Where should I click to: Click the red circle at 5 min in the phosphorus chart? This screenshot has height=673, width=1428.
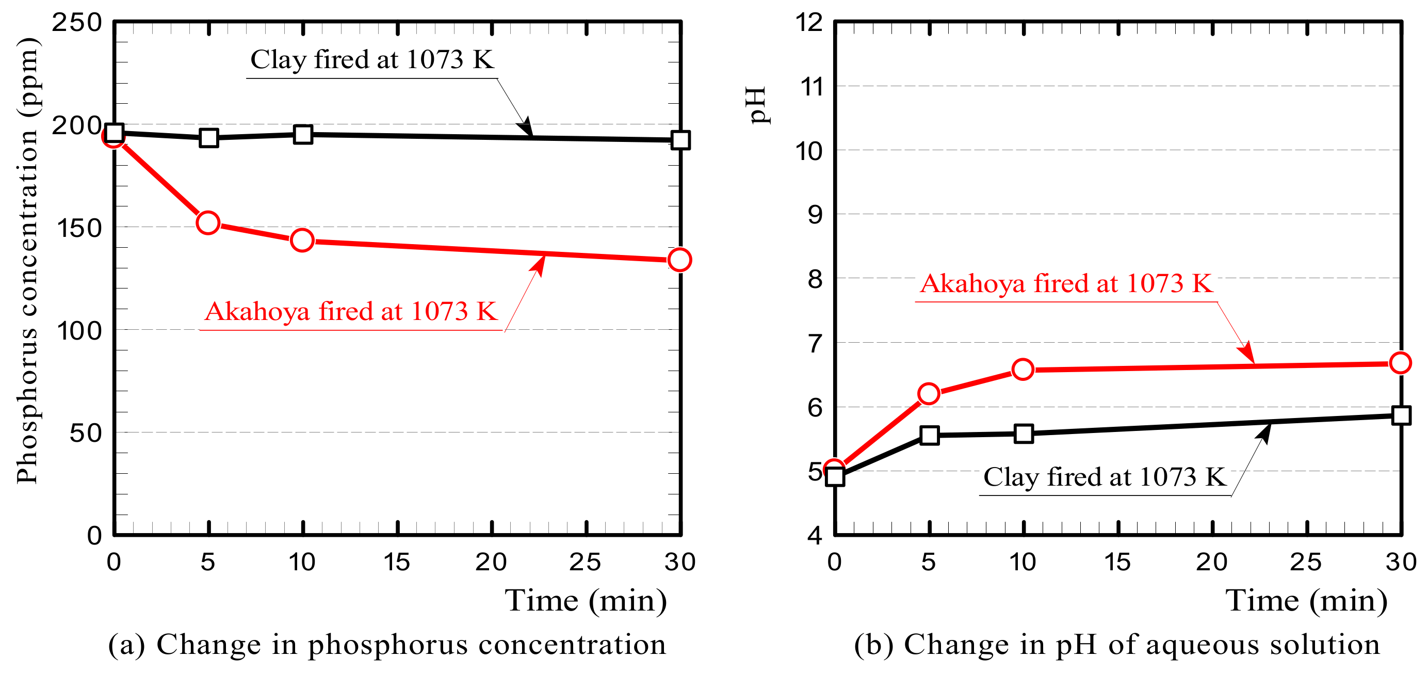coord(208,223)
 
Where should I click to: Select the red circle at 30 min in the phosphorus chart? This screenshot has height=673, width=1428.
coord(679,260)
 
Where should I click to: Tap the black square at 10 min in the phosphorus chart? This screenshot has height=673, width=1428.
coord(303,135)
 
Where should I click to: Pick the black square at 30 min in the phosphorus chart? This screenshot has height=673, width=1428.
coord(680,140)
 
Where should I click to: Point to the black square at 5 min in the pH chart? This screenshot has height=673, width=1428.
coord(930,435)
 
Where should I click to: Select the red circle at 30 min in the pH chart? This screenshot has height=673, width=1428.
coord(1400,363)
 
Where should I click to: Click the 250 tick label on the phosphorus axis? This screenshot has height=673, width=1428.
coord(77,23)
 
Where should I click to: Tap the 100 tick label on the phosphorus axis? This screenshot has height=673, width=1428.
coord(80,331)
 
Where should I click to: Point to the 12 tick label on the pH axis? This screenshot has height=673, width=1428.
coord(809,23)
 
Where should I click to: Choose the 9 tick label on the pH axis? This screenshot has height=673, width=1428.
coord(815,215)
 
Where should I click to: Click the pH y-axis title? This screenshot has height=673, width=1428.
coord(757,105)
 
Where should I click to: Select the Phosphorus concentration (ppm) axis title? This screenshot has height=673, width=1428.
coord(27,261)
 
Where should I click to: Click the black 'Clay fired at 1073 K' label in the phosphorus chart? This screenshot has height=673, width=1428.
coord(372,60)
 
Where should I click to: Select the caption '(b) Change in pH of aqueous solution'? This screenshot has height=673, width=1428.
coord(1117,645)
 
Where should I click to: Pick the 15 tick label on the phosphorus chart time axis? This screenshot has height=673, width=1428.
coord(397,563)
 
